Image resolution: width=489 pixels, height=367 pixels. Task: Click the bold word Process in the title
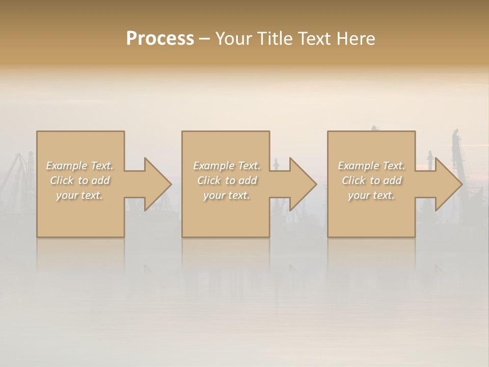tap(160, 39)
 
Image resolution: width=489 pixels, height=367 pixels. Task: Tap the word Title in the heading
tap(276, 39)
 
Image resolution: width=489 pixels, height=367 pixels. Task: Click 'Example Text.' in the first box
tap(80, 166)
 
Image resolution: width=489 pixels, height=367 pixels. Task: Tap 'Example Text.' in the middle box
tap(227, 166)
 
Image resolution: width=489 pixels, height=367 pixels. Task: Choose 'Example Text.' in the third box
tap(371, 166)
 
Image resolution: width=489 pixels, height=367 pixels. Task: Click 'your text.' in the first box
tap(79, 195)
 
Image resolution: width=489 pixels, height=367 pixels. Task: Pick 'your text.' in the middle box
tap(226, 195)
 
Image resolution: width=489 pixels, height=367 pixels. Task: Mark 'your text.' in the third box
tap(371, 195)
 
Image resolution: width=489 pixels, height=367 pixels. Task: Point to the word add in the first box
tap(101, 180)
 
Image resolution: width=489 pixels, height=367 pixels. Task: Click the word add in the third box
tap(393, 180)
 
